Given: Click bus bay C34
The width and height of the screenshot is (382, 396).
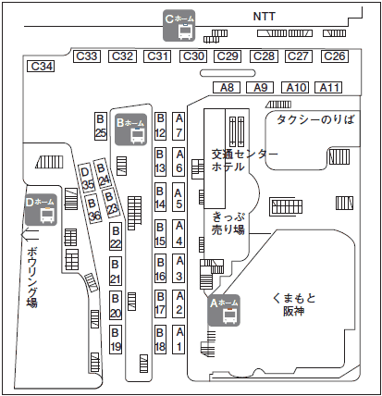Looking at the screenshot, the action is (41, 67).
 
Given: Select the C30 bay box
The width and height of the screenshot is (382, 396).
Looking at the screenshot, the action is (193, 56).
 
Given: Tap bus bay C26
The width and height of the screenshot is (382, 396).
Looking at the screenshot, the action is (335, 56).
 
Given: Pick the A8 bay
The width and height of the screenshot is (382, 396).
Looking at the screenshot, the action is (227, 87).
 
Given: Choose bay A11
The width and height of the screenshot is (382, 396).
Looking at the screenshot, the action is (328, 87).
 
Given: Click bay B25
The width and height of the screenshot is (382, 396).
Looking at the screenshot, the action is (101, 126).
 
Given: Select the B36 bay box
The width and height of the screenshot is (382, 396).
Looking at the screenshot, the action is (93, 209).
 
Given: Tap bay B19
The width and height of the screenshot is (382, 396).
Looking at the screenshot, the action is (116, 340).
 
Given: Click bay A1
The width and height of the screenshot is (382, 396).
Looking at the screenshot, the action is (179, 340).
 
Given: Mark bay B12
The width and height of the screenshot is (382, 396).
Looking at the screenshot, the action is (160, 126).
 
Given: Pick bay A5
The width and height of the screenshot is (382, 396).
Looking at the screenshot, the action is (179, 197).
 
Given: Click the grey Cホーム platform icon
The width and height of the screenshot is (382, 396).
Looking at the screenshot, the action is (179, 25).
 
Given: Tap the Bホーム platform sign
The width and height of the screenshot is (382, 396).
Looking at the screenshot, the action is (130, 130).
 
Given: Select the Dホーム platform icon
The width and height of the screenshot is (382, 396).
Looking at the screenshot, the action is (42, 210).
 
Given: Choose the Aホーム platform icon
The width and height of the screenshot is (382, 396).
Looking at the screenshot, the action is (224, 310).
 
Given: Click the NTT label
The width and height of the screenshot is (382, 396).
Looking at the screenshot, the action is (264, 17).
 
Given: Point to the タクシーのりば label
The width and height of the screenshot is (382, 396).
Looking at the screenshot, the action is (315, 119).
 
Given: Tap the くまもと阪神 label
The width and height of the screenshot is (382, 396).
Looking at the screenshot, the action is (294, 304).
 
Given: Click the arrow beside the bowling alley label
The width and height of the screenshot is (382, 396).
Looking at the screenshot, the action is (30, 235).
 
